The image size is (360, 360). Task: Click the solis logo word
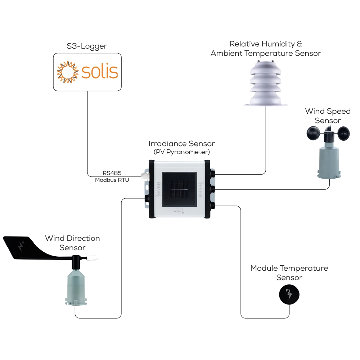pos(100,72)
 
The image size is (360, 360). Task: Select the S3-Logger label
pos(87,46)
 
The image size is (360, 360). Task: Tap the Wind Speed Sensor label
pos(328,116)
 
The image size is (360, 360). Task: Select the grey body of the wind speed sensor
pos(328,158)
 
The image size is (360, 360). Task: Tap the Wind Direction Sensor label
pos(72,243)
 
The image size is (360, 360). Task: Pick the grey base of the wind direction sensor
pos(76,288)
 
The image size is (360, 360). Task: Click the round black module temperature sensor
pos(289,295)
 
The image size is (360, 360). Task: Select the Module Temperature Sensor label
pos(289,273)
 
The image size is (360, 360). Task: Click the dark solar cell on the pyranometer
pos(179,189)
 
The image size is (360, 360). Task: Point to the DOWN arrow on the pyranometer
pos(183,212)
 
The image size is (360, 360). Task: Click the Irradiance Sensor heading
pos(182,144)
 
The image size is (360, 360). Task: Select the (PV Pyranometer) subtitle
pos(182,152)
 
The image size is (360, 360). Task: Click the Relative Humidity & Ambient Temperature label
pos(266,49)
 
